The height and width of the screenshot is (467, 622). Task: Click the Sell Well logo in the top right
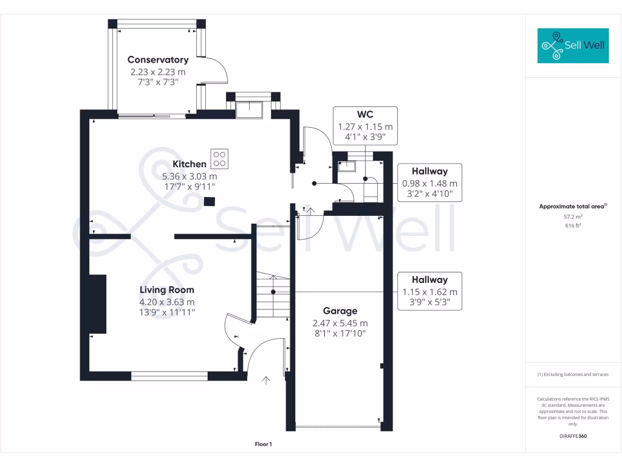pyautogui.click(x=573, y=46)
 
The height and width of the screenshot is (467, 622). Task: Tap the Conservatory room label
pyautogui.click(x=158, y=60)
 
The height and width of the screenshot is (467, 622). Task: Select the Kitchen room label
pyautogui.click(x=190, y=164)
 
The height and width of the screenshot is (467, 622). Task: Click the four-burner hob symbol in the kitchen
pyautogui.click(x=220, y=159)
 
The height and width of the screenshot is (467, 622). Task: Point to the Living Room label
pyautogui.click(x=167, y=290)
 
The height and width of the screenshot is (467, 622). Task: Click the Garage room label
pyautogui.click(x=340, y=311)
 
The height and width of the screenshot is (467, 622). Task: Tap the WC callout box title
pyautogui.click(x=365, y=114)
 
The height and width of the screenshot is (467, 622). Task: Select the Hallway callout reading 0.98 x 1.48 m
pyautogui.click(x=429, y=183)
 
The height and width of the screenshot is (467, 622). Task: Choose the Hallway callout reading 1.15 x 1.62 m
pyautogui.click(x=429, y=291)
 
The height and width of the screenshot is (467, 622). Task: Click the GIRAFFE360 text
pyautogui.click(x=573, y=436)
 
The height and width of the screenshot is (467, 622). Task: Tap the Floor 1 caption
pyautogui.click(x=263, y=445)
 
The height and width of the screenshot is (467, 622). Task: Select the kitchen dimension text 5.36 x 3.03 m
pyautogui.click(x=190, y=176)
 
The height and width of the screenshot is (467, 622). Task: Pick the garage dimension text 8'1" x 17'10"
pyautogui.click(x=340, y=333)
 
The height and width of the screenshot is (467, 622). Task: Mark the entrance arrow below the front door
pyautogui.click(x=265, y=381)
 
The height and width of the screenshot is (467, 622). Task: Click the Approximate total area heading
pyautogui.click(x=572, y=207)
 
